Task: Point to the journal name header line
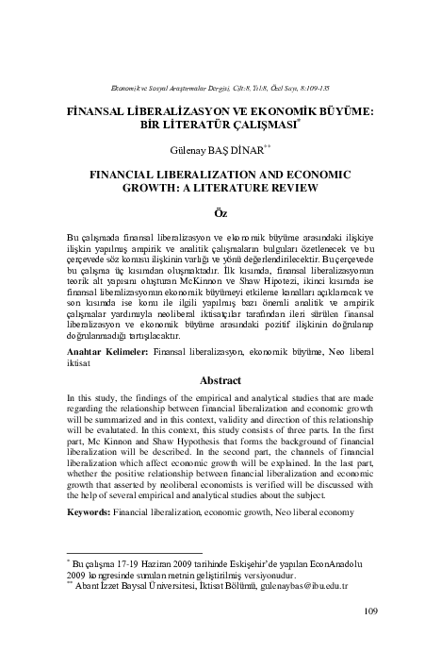pyautogui.click(x=221, y=86)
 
